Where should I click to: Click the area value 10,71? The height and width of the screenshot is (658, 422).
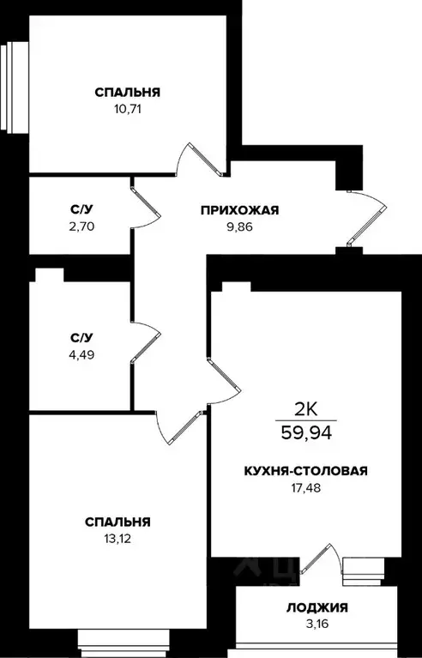[x=128, y=110]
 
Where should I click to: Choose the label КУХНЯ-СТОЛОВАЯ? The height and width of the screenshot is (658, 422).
[x=305, y=471]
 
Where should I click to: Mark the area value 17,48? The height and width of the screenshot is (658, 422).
[x=305, y=488]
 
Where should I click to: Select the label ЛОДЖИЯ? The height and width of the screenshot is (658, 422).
[x=316, y=608]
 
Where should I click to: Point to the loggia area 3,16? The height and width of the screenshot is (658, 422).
[x=316, y=625]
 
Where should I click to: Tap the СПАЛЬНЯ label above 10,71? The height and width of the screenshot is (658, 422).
[x=128, y=92]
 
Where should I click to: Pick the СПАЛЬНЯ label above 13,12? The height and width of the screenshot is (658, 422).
[x=118, y=521]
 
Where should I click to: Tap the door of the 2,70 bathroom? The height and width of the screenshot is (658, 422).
[x=147, y=204]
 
